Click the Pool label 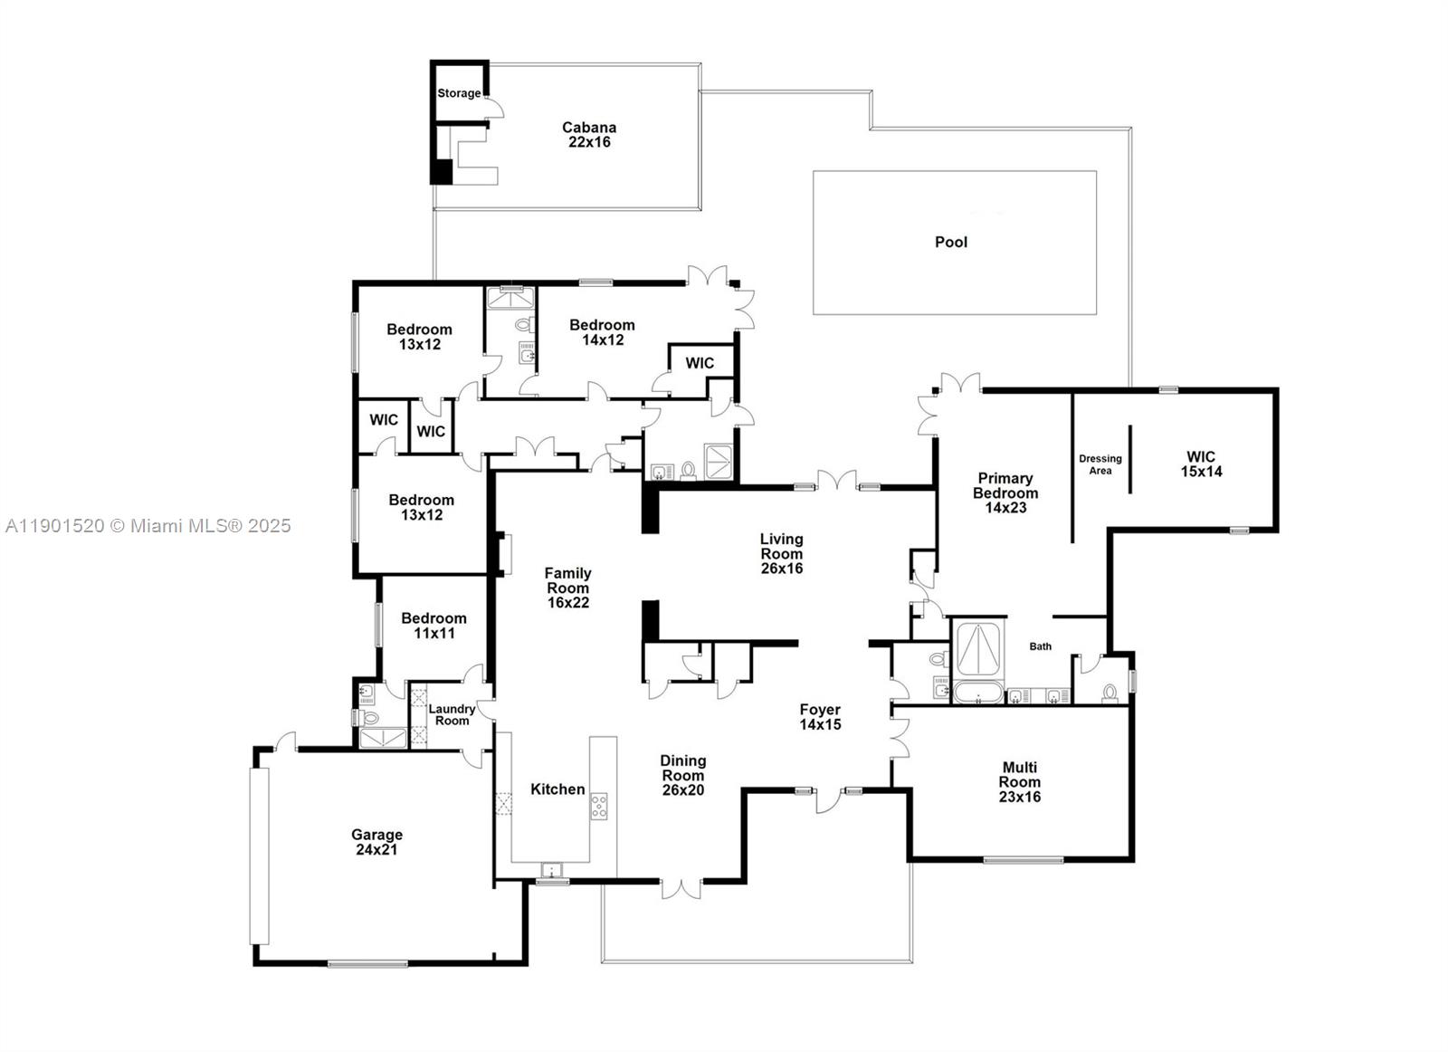click(x=950, y=242)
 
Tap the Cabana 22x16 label click(x=589, y=135)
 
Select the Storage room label click(x=459, y=93)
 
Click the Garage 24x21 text click(x=376, y=842)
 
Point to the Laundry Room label click(x=452, y=715)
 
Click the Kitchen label click(x=557, y=789)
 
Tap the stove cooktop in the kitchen click(x=599, y=806)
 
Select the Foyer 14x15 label click(x=820, y=717)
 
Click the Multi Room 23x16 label click(x=1019, y=782)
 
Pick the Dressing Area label click(x=1100, y=464)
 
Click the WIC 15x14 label click(x=1201, y=464)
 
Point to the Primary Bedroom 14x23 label click(x=1005, y=493)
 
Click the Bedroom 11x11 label click(x=434, y=626)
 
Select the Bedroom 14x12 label click(x=602, y=332)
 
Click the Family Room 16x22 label click(x=567, y=588)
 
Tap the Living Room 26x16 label click(x=781, y=553)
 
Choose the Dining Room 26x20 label click(x=682, y=775)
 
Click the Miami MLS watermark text click(x=148, y=526)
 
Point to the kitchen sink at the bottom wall click(x=551, y=871)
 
